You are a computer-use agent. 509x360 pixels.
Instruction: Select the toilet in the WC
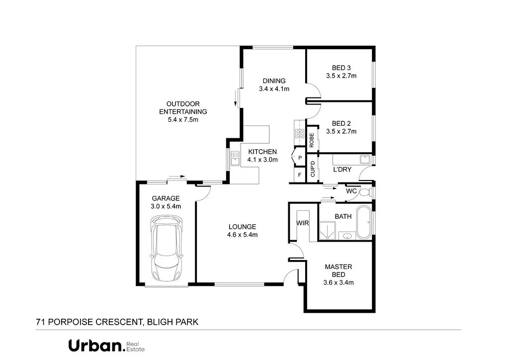tap(366, 192)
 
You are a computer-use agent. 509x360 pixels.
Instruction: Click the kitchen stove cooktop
tap(300, 133)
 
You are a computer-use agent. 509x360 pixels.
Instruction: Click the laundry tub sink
tap(364, 160)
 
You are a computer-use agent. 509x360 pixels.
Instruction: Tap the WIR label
tap(302, 223)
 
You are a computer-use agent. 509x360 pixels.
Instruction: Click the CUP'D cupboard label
tap(313, 169)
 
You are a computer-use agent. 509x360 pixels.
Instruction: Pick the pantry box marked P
tap(300, 158)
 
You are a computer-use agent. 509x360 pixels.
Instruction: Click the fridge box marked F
tap(299, 175)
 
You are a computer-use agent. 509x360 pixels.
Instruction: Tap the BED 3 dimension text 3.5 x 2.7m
tap(341, 76)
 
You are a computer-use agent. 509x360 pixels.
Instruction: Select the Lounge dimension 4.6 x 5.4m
tap(242, 234)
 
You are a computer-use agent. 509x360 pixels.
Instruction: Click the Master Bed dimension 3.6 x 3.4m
tap(339, 283)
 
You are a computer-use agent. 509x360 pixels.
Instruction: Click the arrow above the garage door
tap(177, 176)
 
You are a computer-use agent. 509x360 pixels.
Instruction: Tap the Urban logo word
tap(96, 346)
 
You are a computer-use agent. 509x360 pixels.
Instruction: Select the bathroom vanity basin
tap(346, 236)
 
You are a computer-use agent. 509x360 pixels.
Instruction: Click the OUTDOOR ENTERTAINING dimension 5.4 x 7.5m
tap(183, 119)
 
